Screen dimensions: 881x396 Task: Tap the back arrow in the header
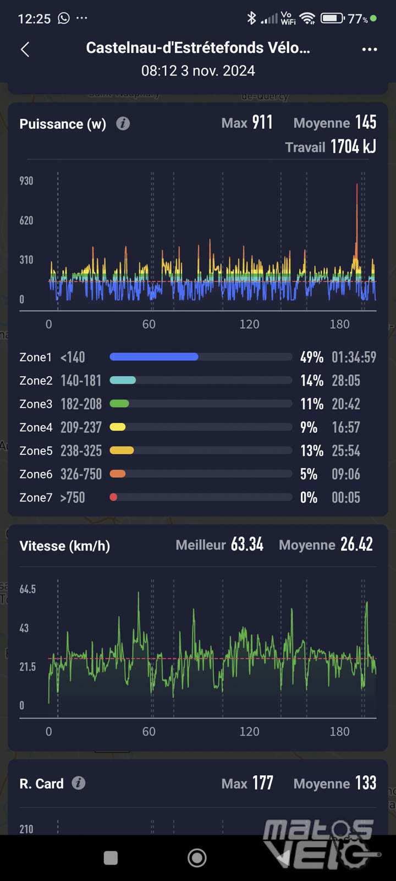(25, 50)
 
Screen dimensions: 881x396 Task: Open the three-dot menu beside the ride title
(370, 50)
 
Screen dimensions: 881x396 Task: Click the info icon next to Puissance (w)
(123, 123)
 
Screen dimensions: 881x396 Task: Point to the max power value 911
(262, 122)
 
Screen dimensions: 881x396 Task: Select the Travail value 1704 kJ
(353, 147)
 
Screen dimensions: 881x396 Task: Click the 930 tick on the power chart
(26, 181)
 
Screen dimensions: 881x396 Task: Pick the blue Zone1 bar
(154, 357)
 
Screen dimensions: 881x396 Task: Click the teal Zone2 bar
(123, 380)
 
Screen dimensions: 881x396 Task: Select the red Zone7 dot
(113, 497)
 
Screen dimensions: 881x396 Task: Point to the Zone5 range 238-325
(81, 451)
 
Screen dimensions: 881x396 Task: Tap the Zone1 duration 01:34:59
(354, 357)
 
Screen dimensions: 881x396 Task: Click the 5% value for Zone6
(309, 474)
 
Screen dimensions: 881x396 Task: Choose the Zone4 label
(36, 427)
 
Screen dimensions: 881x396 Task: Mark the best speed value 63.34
(247, 545)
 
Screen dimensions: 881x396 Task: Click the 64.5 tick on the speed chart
(28, 589)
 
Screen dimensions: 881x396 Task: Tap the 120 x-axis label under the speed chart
(249, 731)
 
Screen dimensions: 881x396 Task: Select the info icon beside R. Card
(79, 783)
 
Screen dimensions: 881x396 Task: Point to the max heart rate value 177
(263, 783)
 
